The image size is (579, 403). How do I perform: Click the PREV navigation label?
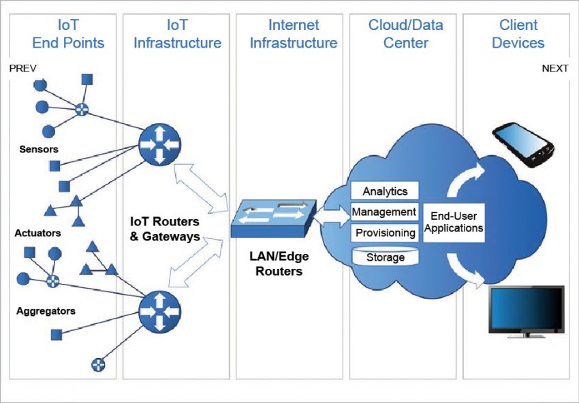pos(22,68)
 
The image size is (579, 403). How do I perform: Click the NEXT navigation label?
pos(555,68)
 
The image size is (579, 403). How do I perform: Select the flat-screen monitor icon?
pos(527,310)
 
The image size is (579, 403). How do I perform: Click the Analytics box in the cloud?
pos(384,191)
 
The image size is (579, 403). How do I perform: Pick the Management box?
pos(384,212)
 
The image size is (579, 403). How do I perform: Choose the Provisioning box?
pos(384,233)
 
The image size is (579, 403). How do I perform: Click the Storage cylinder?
pos(385,257)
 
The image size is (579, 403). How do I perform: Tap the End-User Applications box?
pos(453,222)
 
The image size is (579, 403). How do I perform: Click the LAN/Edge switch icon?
pos(273,218)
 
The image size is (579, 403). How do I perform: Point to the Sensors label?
pos(39,149)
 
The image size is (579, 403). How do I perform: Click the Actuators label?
pos(37,233)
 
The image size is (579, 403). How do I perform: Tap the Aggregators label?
pos(46,311)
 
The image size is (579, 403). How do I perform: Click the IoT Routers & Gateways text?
pos(166,229)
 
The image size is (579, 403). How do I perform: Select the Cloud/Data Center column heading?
pos(406,34)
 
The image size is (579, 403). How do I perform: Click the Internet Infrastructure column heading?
pos(293,34)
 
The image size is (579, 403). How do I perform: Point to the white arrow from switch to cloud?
pos(333,216)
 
